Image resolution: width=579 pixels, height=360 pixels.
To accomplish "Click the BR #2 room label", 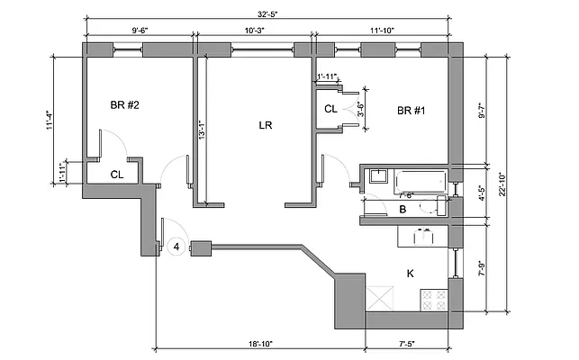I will (124, 105).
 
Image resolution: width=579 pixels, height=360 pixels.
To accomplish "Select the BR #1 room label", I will (411, 111).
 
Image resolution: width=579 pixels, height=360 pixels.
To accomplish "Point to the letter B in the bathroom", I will (403, 210).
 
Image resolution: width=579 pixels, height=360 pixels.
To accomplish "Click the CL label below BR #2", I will (117, 175).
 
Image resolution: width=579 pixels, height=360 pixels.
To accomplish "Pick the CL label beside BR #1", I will (330, 110).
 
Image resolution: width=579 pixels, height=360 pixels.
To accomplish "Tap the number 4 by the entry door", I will (177, 246).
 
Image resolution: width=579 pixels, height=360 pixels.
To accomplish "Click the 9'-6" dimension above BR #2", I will (140, 31).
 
